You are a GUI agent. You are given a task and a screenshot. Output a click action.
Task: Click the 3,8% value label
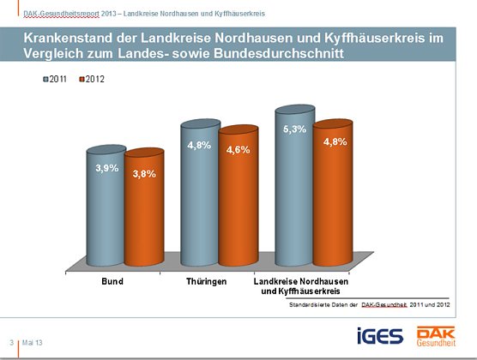coord(144,174)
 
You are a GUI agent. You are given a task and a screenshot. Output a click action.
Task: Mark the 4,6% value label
coord(238,150)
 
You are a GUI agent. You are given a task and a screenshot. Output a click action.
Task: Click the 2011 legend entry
coord(57,79)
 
